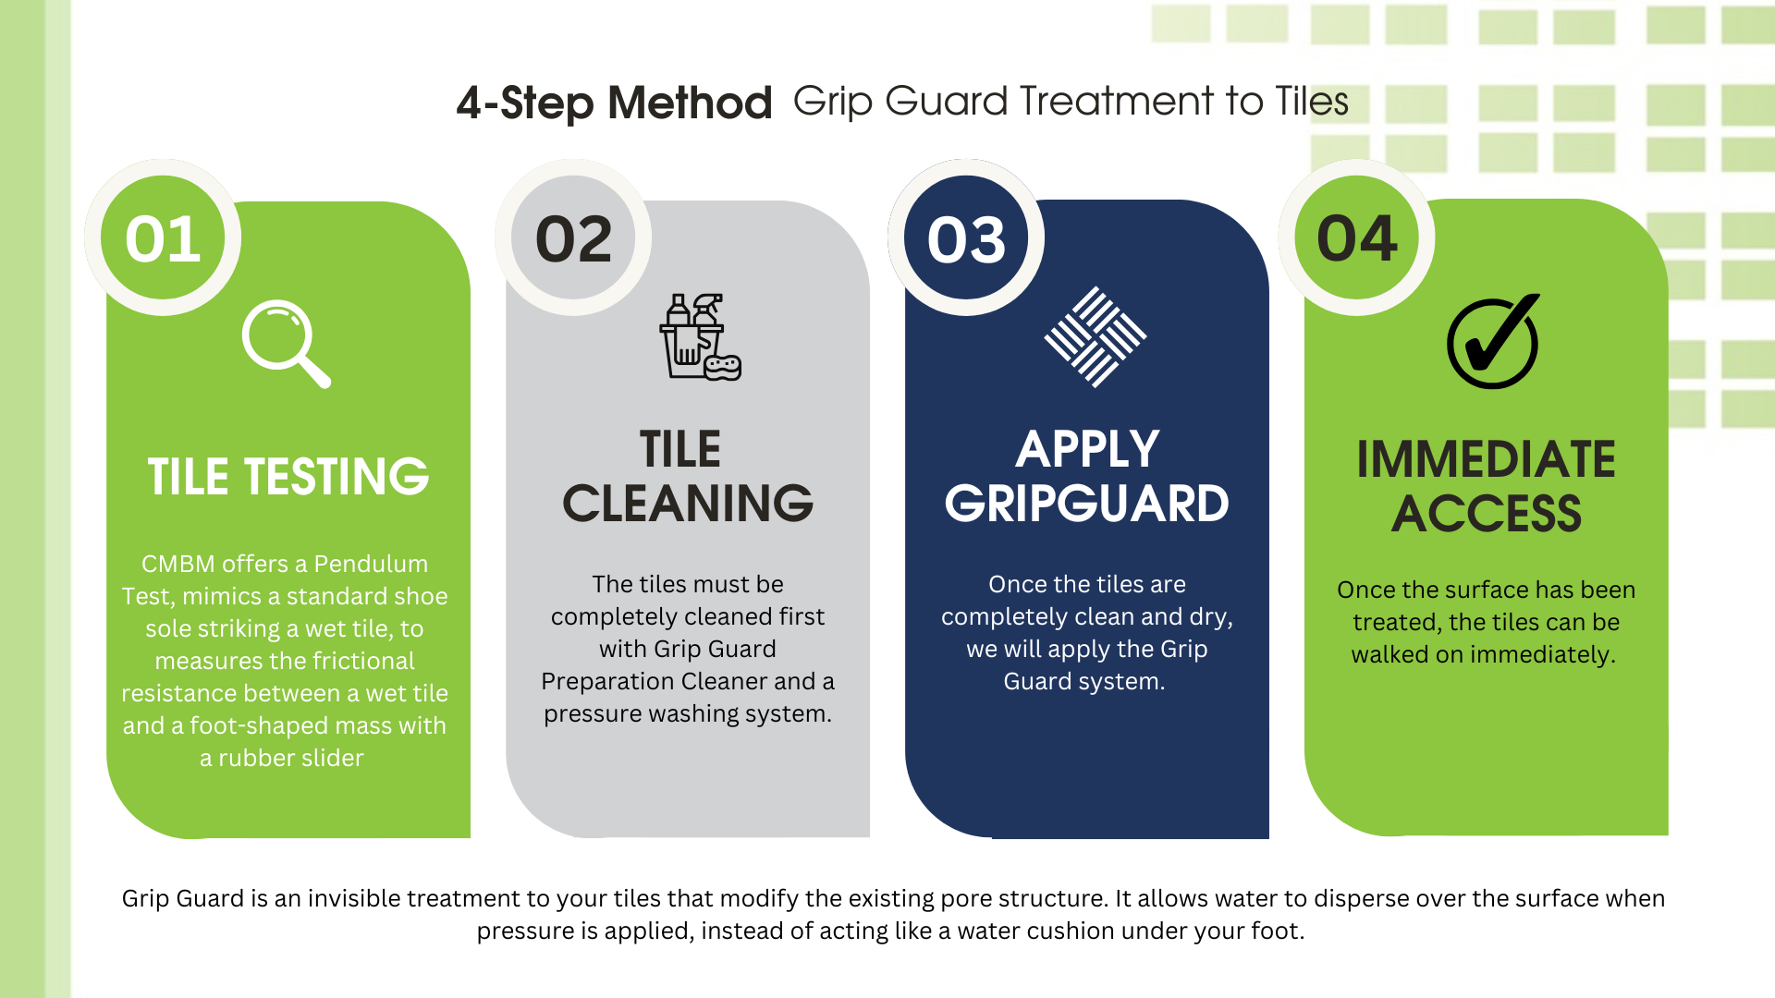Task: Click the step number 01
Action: (163, 239)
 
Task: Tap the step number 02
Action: (574, 239)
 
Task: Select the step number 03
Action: (966, 239)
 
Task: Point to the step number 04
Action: (1357, 238)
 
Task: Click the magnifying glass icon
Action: (286, 344)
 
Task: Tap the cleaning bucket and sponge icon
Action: (700, 337)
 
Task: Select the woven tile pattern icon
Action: (1096, 336)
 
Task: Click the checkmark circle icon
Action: (1493, 342)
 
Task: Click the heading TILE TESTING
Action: (288, 477)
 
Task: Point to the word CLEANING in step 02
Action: (688, 504)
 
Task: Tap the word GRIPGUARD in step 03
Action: (1087, 504)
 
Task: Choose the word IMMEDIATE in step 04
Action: (1486, 459)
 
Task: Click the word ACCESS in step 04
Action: (1487, 514)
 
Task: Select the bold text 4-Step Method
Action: (614, 103)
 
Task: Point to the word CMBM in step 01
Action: (177, 564)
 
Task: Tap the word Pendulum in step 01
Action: (371, 564)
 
